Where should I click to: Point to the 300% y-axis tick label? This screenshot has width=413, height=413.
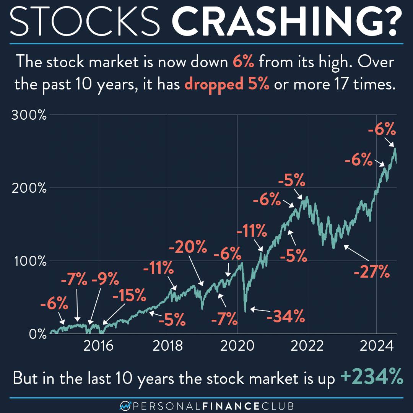(29, 115)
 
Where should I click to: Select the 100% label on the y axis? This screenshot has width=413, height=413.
(29, 262)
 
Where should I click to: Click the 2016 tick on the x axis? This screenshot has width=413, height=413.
(99, 346)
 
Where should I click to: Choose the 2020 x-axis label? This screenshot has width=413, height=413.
(237, 346)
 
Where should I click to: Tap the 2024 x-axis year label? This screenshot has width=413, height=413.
(376, 346)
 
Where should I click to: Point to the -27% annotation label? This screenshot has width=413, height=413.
(372, 273)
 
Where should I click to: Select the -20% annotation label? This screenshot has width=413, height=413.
(188, 249)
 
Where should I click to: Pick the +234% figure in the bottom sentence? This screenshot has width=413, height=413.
(371, 378)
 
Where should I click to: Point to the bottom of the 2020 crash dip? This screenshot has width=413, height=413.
(246, 311)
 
